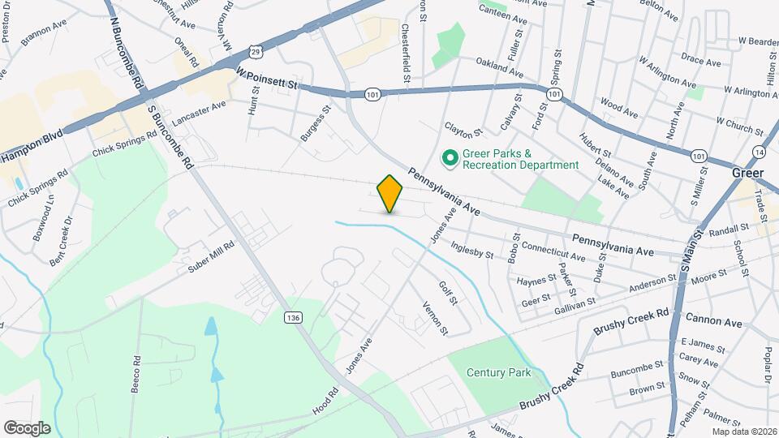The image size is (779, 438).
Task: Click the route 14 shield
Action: point(759,152)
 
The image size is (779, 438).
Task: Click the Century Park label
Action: point(498,373)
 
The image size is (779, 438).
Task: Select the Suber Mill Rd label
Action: point(212,257)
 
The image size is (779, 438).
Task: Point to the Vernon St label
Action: point(435,317)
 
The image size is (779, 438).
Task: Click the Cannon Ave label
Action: point(713,322)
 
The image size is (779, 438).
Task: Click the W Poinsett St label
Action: point(268,78)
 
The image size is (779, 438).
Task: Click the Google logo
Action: point(27,427)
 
